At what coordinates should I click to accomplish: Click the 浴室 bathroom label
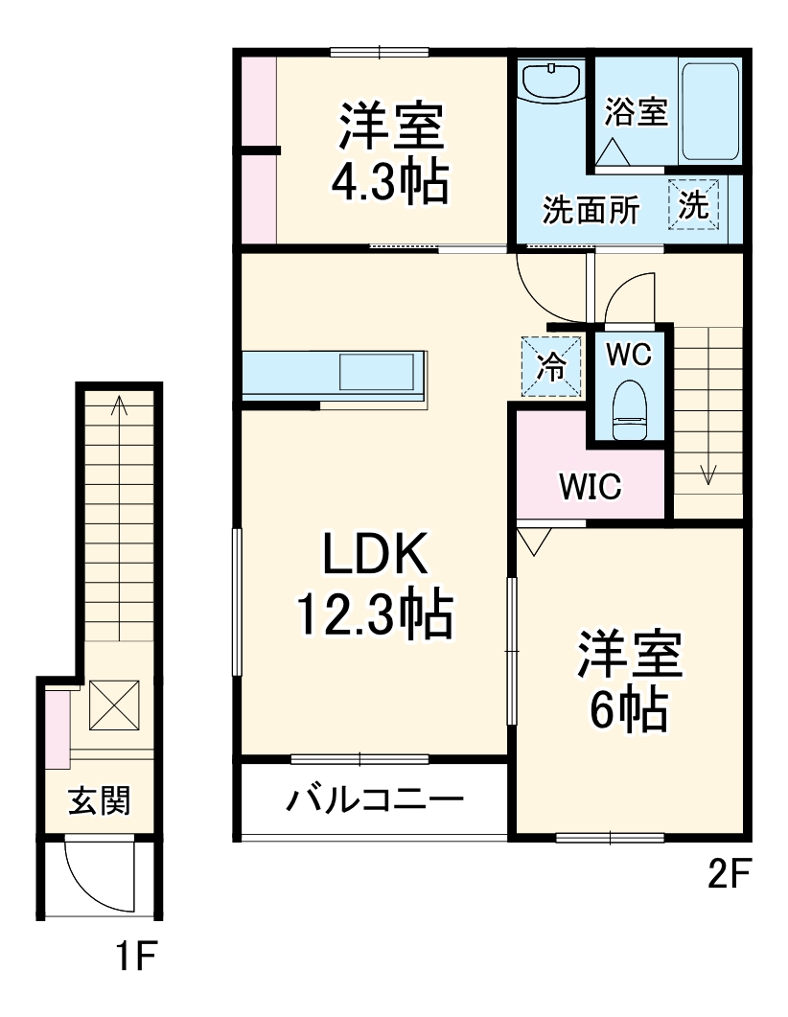pos(635,112)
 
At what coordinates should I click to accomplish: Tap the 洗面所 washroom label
pos(591,210)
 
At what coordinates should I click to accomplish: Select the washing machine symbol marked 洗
pos(693,204)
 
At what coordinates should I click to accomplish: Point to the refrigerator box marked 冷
pos(551,364)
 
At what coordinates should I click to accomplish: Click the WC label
pos(629,355)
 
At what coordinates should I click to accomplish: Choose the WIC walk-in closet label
pos(591,487)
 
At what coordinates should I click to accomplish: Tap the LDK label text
pos(373,555)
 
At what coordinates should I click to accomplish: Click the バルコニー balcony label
pos(375,798)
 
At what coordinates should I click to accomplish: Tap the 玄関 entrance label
pos(99,798)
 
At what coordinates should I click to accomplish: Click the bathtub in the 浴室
pos(709,112)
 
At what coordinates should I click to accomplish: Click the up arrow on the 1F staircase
pos(119,406)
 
